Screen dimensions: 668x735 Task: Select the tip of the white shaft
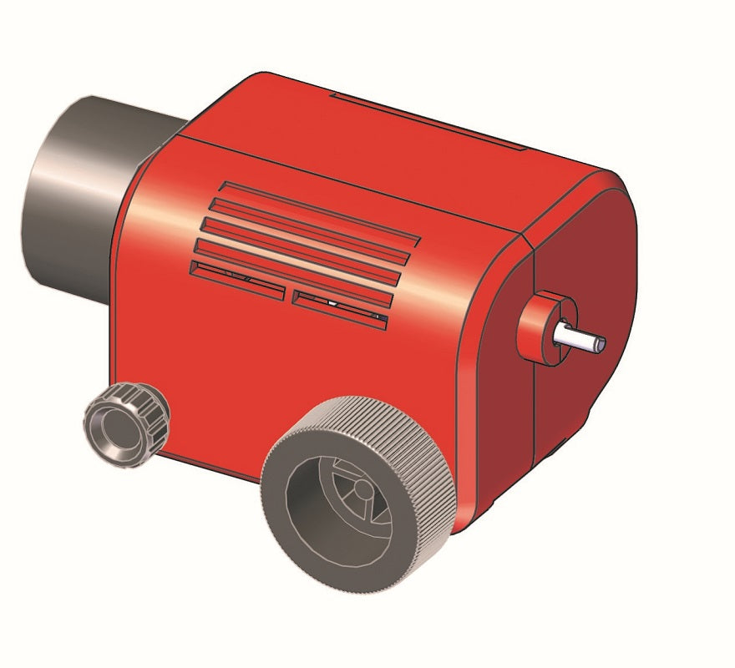tap(601, 343)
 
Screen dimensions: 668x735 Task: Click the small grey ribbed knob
tap(126, 424)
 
